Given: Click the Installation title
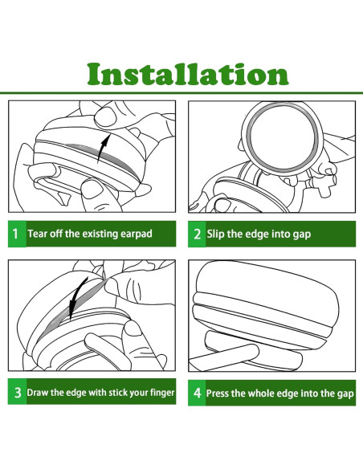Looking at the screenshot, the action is pyautogui.click(x=188, y=74).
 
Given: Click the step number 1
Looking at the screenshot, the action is pyautogui.click(x=15, y=234).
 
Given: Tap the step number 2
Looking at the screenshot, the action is pyautogui.click(x=197, y=234).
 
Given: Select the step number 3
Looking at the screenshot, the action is pyautogui.click(x=18, y=393).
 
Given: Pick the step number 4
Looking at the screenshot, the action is pyautogui.click(x=198, y=393).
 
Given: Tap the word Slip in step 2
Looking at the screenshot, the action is pyautogui.click(x=215, y=234).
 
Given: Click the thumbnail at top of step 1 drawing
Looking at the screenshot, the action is pyautogui.click(x=105, y=117).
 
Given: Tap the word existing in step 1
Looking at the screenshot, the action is pyautogui.click(x=100, y=234).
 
